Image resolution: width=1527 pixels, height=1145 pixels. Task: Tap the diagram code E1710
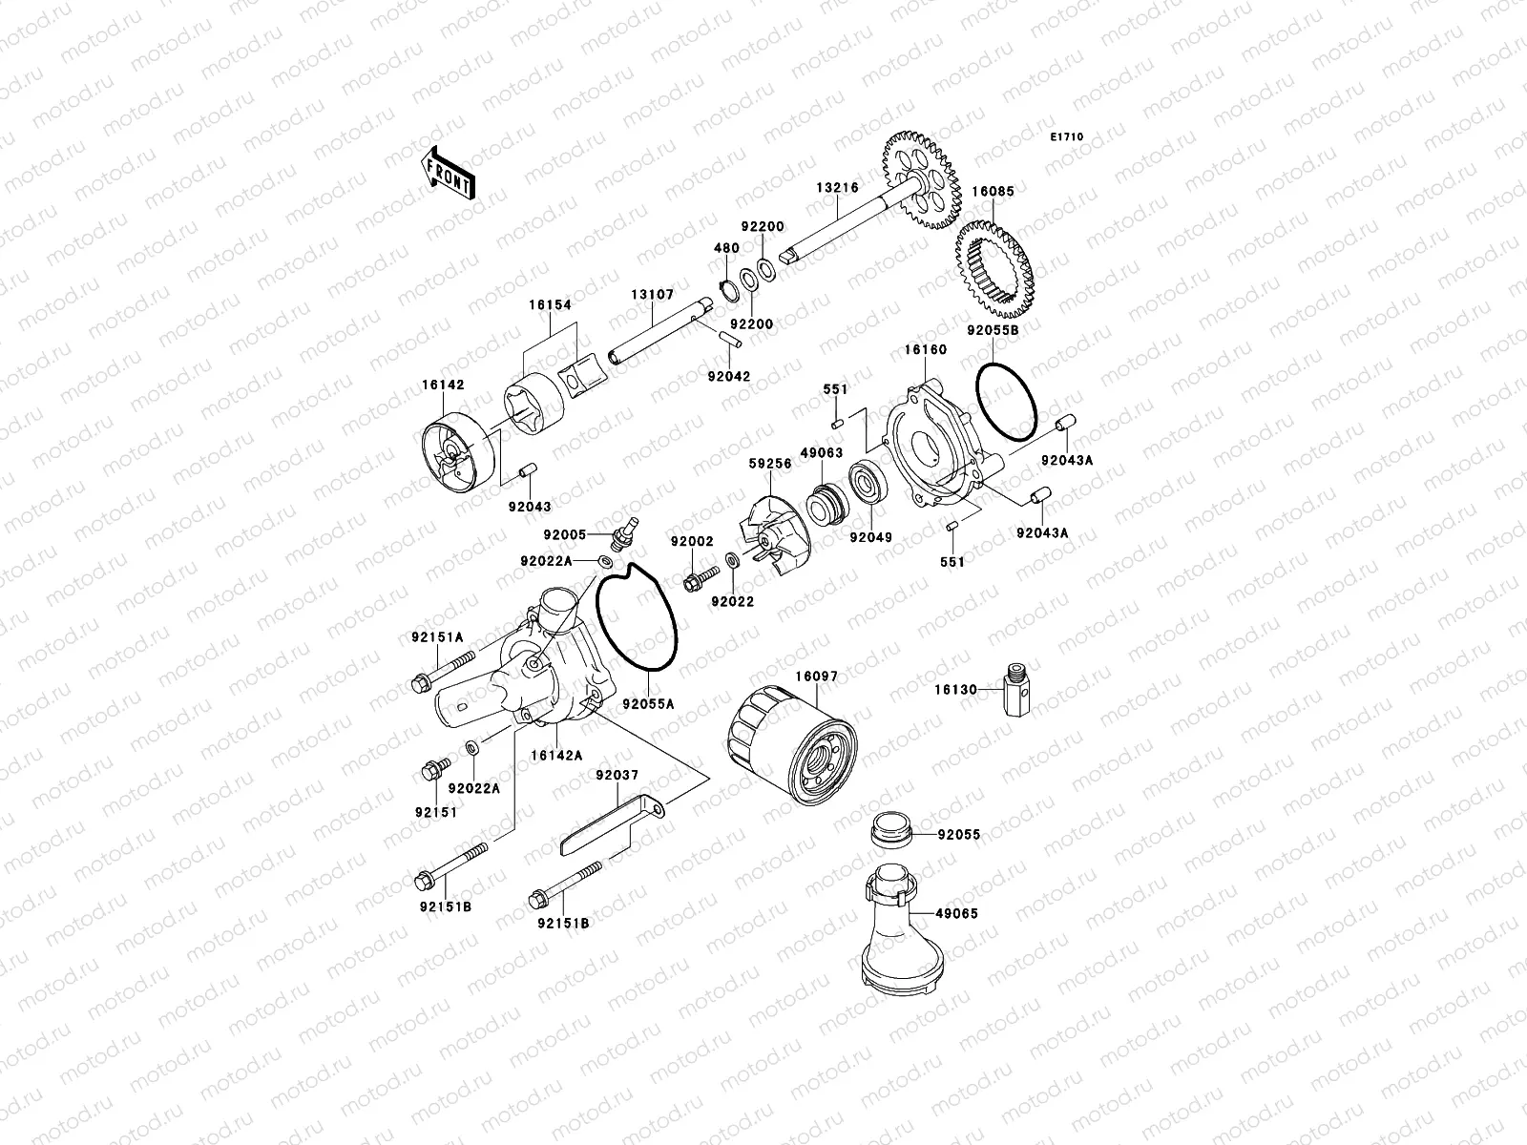pos(1067,137)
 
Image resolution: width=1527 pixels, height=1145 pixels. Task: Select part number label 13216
pos(836,188)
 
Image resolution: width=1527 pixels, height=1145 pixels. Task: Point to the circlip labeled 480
pos(726,288)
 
